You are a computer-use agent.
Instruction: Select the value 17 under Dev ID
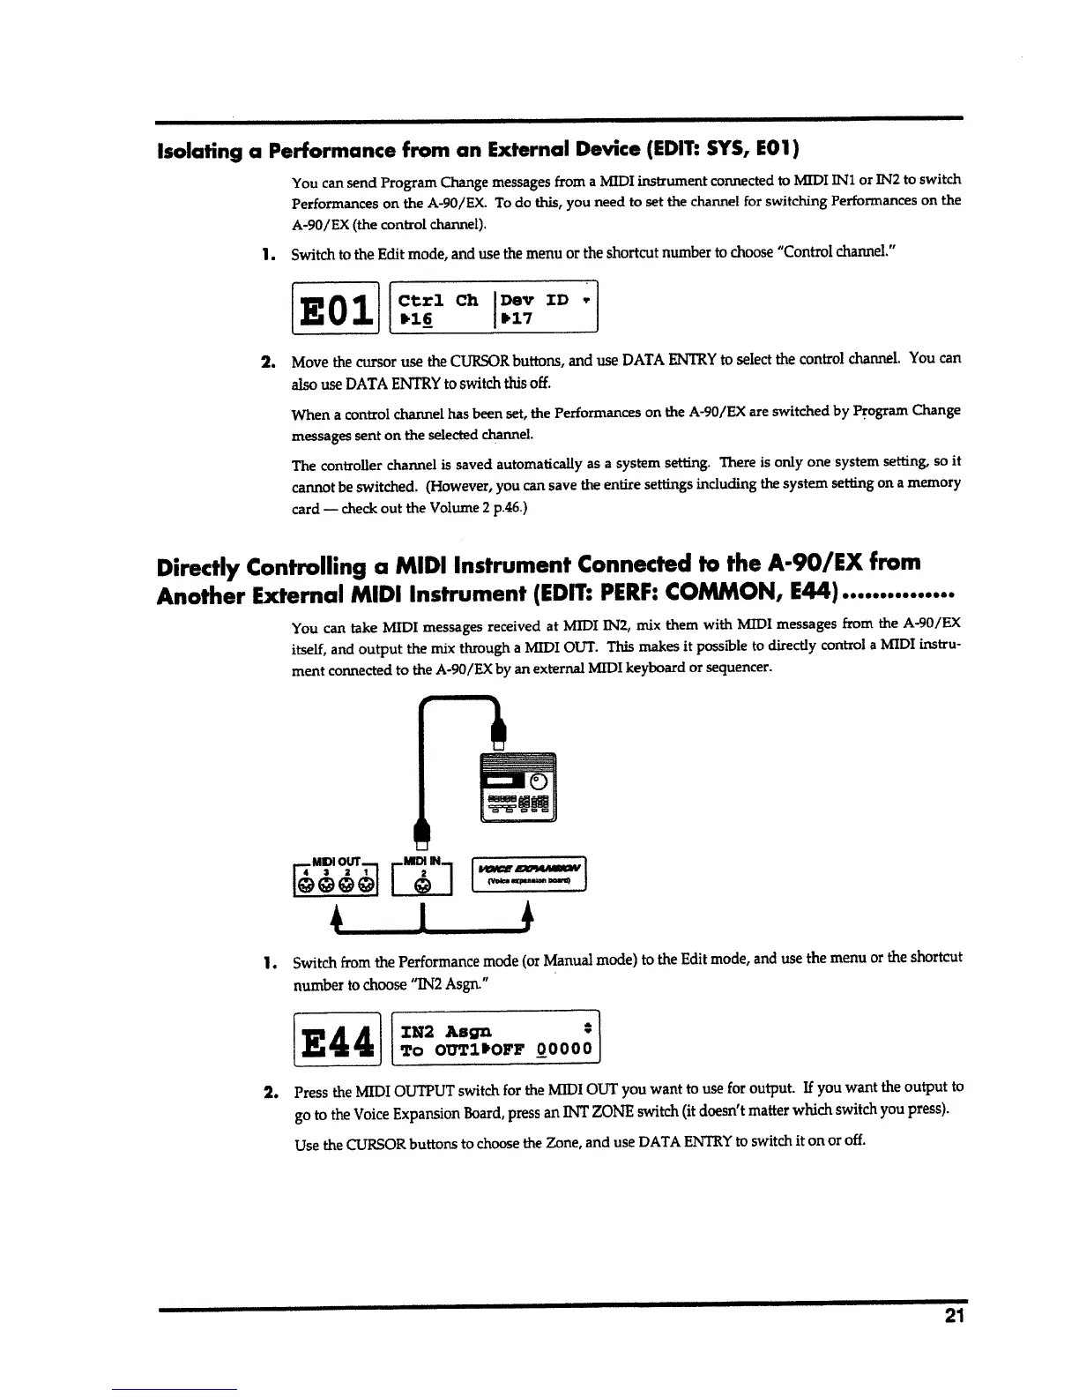(521, 318)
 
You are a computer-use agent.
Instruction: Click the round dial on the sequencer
(539, 781)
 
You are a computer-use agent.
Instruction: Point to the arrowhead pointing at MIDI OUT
(336, 913)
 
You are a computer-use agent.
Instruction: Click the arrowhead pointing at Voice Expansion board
(528, 913)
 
